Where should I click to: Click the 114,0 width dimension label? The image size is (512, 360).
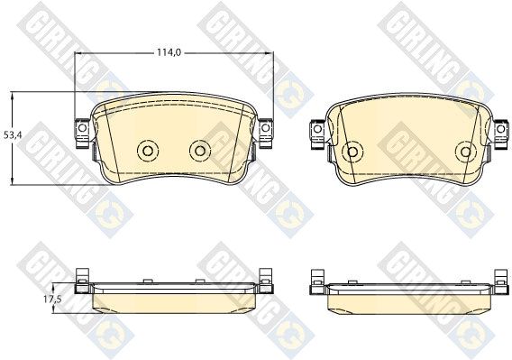(x=169, y=52)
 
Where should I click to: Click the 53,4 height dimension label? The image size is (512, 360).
(x=13, y=134)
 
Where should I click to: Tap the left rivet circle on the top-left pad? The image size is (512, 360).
(x=148, y=151)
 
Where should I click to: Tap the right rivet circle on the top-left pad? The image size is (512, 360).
(x=200, y=151)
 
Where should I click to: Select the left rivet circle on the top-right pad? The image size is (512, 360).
(x=352, y=152)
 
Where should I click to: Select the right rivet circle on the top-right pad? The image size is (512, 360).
(x=466, y=152)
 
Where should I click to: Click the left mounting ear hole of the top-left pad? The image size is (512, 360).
(x=82, y=127)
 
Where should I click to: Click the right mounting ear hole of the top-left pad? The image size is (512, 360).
(x=266, y=127)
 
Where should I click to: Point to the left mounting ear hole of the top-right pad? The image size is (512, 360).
(x=317, y=129)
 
